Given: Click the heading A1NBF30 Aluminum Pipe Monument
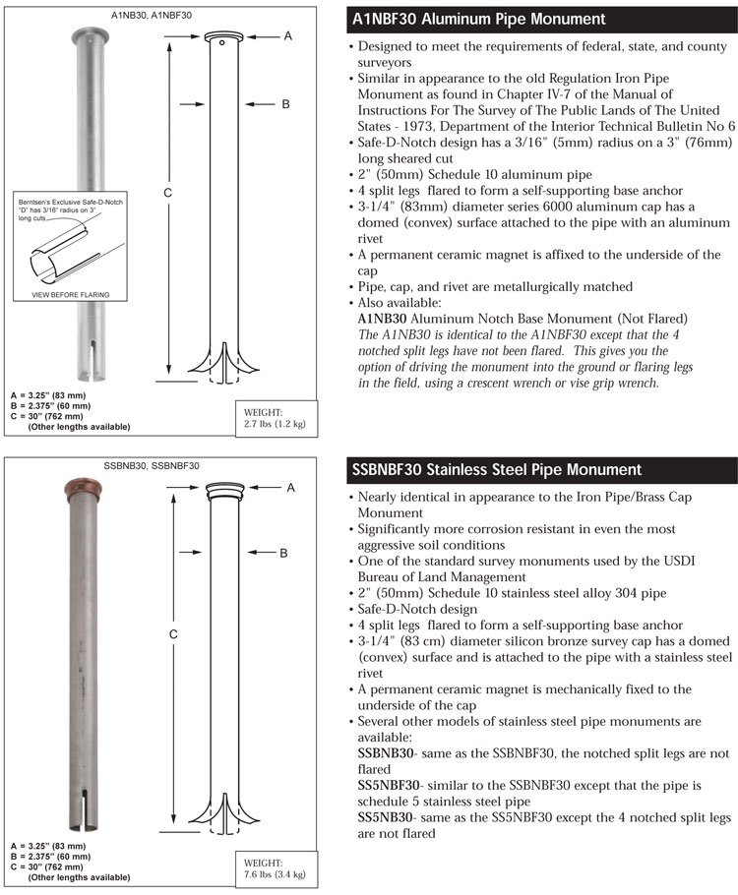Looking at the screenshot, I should click(x=477, y=20).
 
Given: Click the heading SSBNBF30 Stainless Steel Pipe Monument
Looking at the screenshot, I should click(x=496, y=470).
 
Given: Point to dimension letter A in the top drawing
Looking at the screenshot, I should click(x=288, y=35).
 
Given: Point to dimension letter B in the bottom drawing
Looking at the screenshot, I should click(x=283, y=553).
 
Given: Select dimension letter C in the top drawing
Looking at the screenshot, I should click(x=168, y=192).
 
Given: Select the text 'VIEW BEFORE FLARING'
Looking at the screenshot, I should click(x=71, y=294).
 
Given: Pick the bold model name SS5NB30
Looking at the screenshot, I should click(x=386, y=817).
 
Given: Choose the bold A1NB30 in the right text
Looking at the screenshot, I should click(x=385, y=320).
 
